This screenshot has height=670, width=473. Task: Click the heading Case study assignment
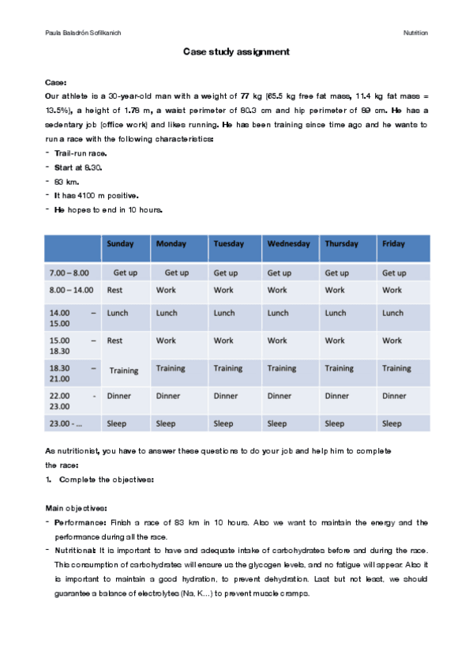coord(236,51)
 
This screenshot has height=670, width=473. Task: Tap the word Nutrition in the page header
coord(415,33)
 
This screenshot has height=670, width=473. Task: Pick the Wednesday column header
coord(288,244)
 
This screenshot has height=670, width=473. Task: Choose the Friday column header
coord(393,244)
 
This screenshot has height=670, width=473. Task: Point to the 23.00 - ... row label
coord(66,423)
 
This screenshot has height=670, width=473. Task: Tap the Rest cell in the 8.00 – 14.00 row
coord(116,290)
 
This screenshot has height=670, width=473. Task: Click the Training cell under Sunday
coord(123,371)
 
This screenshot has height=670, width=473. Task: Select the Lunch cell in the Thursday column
coord(335,313)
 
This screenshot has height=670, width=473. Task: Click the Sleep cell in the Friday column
coord(392,423)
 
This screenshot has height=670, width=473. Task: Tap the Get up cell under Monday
coord(176,273)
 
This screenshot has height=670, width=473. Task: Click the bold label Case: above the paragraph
coord(56,81)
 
